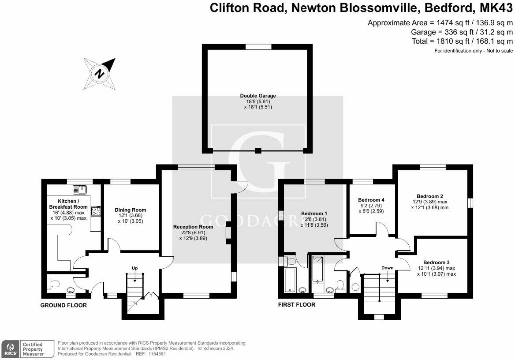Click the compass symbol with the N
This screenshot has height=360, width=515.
point(100,73)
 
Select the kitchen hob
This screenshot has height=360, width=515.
point(96,211)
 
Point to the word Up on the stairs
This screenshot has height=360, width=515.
point(135,268)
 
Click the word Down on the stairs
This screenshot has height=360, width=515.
point(387,268)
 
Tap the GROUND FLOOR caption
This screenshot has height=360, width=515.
point(63,305)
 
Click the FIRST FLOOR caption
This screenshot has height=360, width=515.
point(296,304)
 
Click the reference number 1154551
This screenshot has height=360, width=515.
point(157,354)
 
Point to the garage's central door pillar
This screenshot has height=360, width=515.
point(258,150)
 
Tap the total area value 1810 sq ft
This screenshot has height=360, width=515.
point(451,41)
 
